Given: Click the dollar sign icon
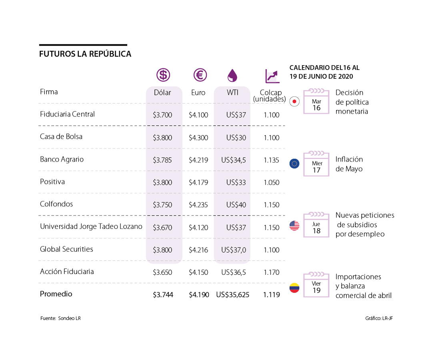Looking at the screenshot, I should pos(163,75).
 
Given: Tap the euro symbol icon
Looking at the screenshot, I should pos(200,75).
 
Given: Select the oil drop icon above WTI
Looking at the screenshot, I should pos(232,75).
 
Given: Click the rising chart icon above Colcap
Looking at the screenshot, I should pos(272,76).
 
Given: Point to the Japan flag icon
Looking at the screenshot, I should pos(294,102).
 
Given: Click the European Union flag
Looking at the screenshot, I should pos(294,163).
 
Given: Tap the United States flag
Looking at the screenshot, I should pos(294,226).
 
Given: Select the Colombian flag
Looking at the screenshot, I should pos(294,288).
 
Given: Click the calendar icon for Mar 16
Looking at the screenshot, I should pos(316,102).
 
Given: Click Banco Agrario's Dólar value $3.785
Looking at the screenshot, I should pos(162,160).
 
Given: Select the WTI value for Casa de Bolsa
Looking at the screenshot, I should pos(236,138).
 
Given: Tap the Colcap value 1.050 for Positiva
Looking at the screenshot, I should pos(272,182).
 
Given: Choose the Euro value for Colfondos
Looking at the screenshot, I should pos(198,205).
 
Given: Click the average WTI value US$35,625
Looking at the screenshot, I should pos(233,295).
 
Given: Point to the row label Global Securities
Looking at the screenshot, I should pos(66,249).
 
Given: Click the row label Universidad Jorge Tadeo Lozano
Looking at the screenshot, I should pos(91,226).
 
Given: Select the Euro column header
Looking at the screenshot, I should pos(198,93).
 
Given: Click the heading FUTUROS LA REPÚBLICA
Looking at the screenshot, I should pos(85,54).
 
